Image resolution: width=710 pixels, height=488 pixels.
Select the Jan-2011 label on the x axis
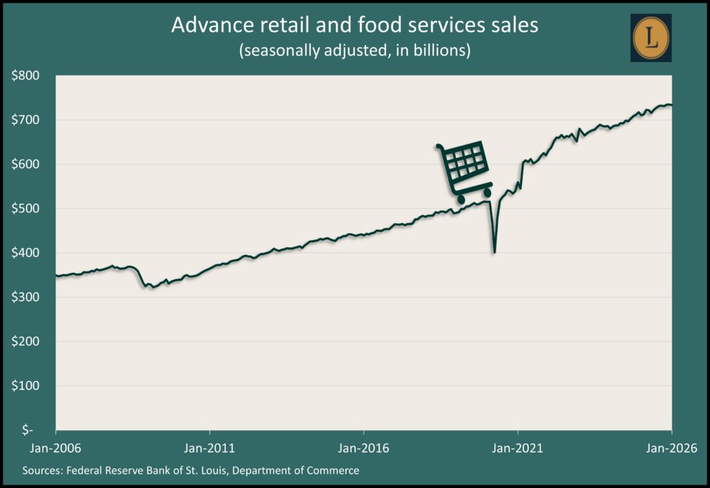210,447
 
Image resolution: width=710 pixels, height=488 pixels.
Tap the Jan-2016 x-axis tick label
364,447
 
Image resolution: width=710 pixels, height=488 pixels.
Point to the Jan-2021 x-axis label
518,447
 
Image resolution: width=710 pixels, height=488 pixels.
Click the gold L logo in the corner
651,36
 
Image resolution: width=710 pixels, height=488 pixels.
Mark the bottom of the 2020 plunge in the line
494,252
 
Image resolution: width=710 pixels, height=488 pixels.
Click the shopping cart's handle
440,146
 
